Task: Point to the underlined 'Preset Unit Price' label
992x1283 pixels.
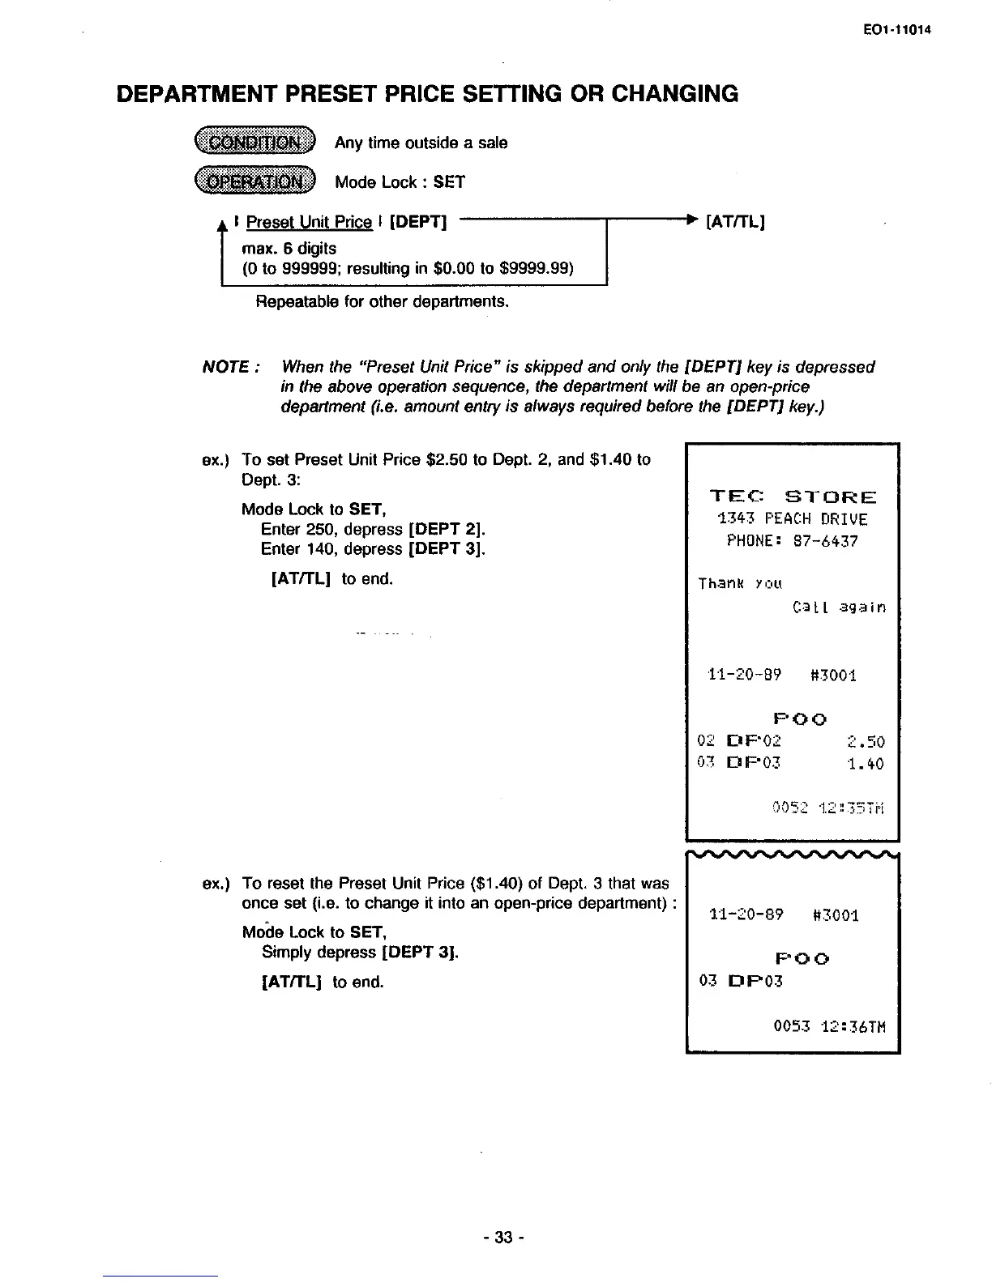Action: [x=309, y=222]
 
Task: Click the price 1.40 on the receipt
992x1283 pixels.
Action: [x=866, y=764]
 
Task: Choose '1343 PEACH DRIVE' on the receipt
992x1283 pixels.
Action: [x=793, y=519]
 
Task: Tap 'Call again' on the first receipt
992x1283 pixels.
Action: [x=838, y=607]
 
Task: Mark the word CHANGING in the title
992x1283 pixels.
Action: [x=674, y=94]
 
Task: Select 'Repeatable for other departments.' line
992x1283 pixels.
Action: [x=383, y=302]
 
